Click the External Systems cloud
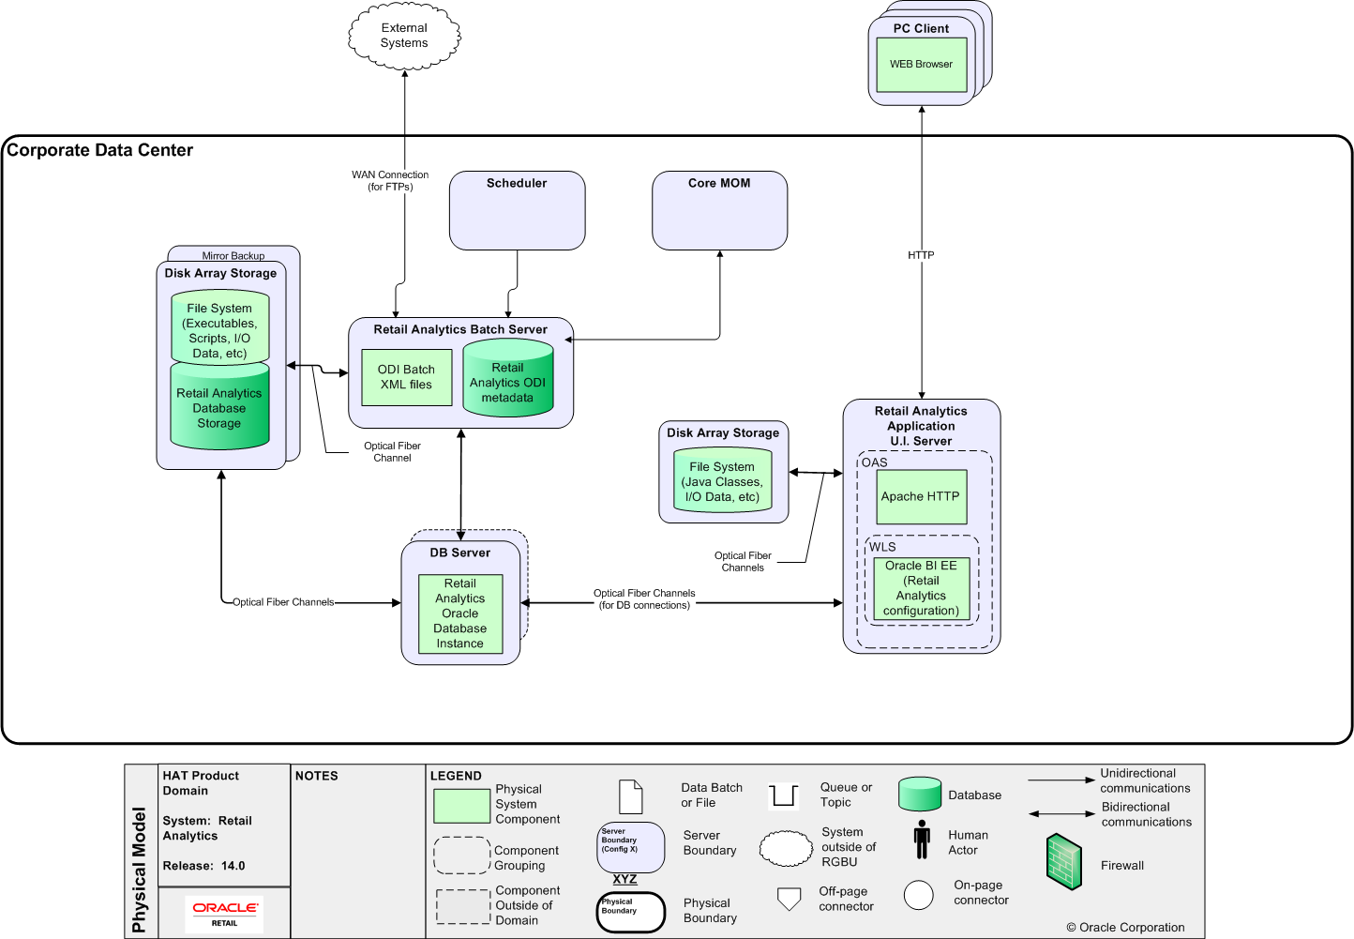(x=404, y=36)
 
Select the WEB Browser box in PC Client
(x=921, y=65)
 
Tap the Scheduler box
(x=517, y=210)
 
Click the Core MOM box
(x=719, y=210)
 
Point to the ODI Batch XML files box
(x=406, y=377)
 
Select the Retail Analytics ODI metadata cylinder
(x=507, y=379)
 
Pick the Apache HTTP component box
(x=920, y=496)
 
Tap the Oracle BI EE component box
(x=921, y=588)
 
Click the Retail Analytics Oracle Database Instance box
(x=459, y=613)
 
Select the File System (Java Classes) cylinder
(x=722, y=481)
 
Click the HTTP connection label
(x=921, y=255)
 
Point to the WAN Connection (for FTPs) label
(x=390, y=180)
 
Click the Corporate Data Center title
(x=100, y=150)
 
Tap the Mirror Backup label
(x=233, y=255)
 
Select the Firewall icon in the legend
(x=1064, y=861)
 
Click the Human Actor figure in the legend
(x=922, y=840)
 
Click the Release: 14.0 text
(x=203, y=866)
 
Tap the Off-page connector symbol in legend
(x=790, y=899)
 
